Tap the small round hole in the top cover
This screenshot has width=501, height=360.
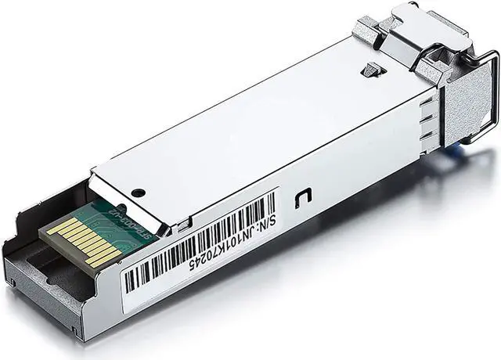pos(138,193)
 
